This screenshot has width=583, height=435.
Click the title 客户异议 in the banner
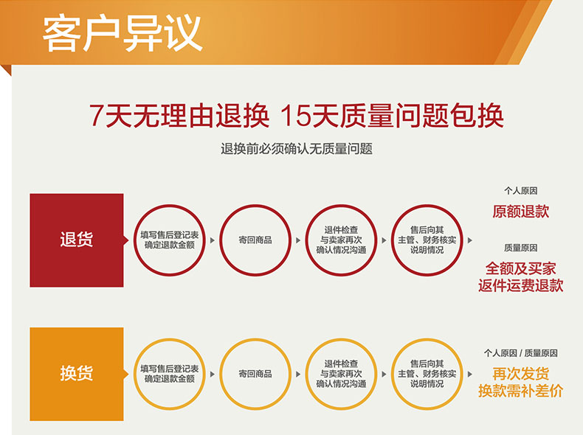coord(123,33)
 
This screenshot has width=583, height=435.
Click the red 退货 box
coord(77,240)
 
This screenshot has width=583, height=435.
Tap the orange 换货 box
coord(77,374)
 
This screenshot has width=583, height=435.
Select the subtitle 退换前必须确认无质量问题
coord(297,149)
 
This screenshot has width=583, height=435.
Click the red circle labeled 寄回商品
coord(255,205)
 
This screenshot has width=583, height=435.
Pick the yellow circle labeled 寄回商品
coord(255,339)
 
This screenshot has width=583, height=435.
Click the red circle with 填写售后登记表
coord(170,205)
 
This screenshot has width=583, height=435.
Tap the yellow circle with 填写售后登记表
coord(170,339)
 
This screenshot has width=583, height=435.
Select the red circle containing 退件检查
coord(341,205)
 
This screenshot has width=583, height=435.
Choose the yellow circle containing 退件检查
coord(341,339)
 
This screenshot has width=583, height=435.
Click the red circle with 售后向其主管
coord(427,205)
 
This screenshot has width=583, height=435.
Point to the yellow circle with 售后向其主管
coord(427,339)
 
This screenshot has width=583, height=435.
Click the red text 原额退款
coord(520,212)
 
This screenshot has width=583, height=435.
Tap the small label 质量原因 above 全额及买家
coord(520,248)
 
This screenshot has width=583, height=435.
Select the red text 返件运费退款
coord(520,285)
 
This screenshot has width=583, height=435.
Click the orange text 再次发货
coord(520,374)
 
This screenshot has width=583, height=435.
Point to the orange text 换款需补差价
coord(520,391)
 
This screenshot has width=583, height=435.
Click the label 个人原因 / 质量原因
coord(520,353)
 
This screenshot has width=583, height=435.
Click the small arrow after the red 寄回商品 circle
coord(298,240)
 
